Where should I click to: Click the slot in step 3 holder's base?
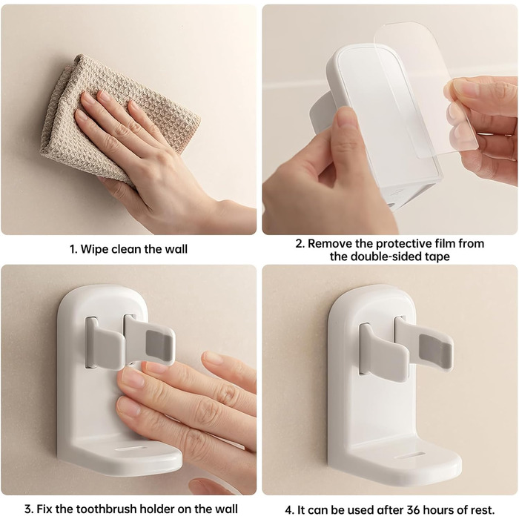point(131,449)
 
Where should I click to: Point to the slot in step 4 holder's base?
point(410,455)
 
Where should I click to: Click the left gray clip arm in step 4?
point(384,356)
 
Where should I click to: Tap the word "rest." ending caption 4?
point(482,509)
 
